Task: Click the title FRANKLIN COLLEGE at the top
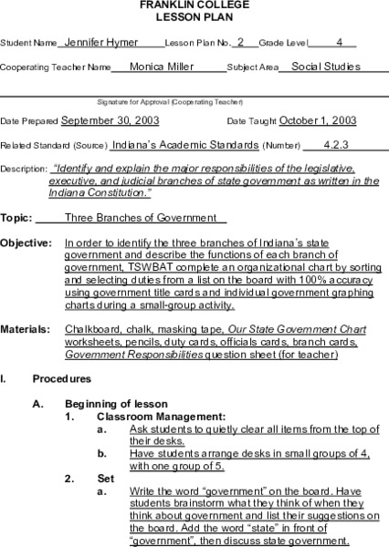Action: tap(194, 5)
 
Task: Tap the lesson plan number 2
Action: tap(239, 42)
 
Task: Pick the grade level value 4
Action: tap(339, 42)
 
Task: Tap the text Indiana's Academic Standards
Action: tap(184, 144)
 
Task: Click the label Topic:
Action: tap(16, 219)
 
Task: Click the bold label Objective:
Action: tap(25, 243)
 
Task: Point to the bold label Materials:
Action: tap(25, 327)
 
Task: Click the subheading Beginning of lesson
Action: tap(116, 403)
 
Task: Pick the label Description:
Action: tap(24, 169)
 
